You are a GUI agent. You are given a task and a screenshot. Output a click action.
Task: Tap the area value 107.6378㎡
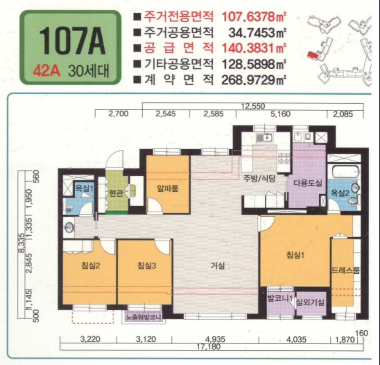pos(253,18)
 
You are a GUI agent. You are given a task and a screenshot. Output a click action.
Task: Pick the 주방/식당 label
pos(260,178)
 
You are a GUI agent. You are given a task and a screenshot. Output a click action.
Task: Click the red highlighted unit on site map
pos(313,54)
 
